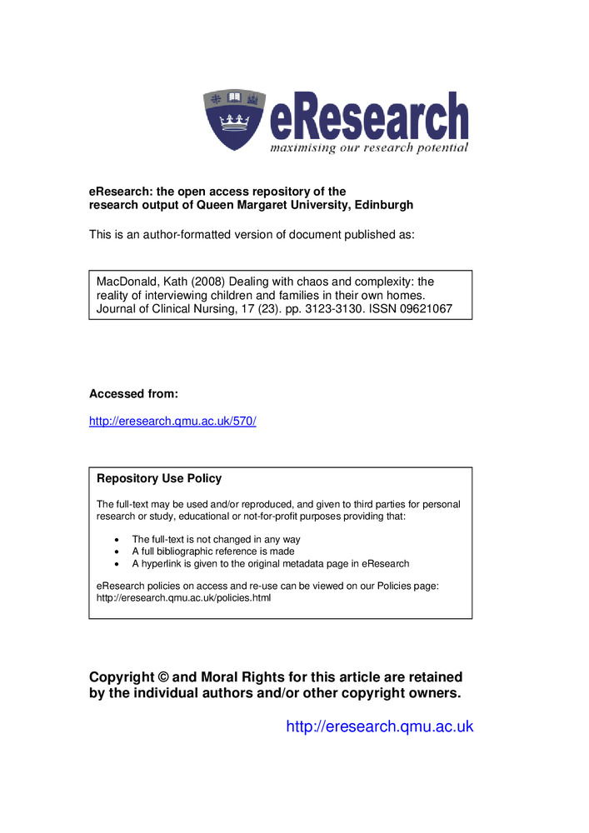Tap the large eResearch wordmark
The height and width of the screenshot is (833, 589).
pyautogui.click(x=368, y=117)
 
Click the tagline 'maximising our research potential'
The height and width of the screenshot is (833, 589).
pyautogui.click(x=368, y=148)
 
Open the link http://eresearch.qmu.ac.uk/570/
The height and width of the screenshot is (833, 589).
pyautogui.click(x=172, y=421)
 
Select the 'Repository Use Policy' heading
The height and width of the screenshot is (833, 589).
pyautogui.click(x=159, y=478)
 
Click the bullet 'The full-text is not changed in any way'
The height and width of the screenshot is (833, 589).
pyautogui.click(x=216, y=540)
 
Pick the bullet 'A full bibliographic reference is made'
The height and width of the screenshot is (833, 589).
pyautogui.click(x=212, y=551)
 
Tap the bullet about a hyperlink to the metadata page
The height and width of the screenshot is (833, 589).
pyautogui.click(x=270, y=563)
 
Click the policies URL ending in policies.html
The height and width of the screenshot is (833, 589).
pyautogui.click(x=183, y=598)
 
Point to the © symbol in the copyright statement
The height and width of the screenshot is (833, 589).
pyautogui.click(x=163, y=677)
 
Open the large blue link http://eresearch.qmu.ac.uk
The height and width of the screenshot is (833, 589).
pyautogui.click(x=379, y=726)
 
